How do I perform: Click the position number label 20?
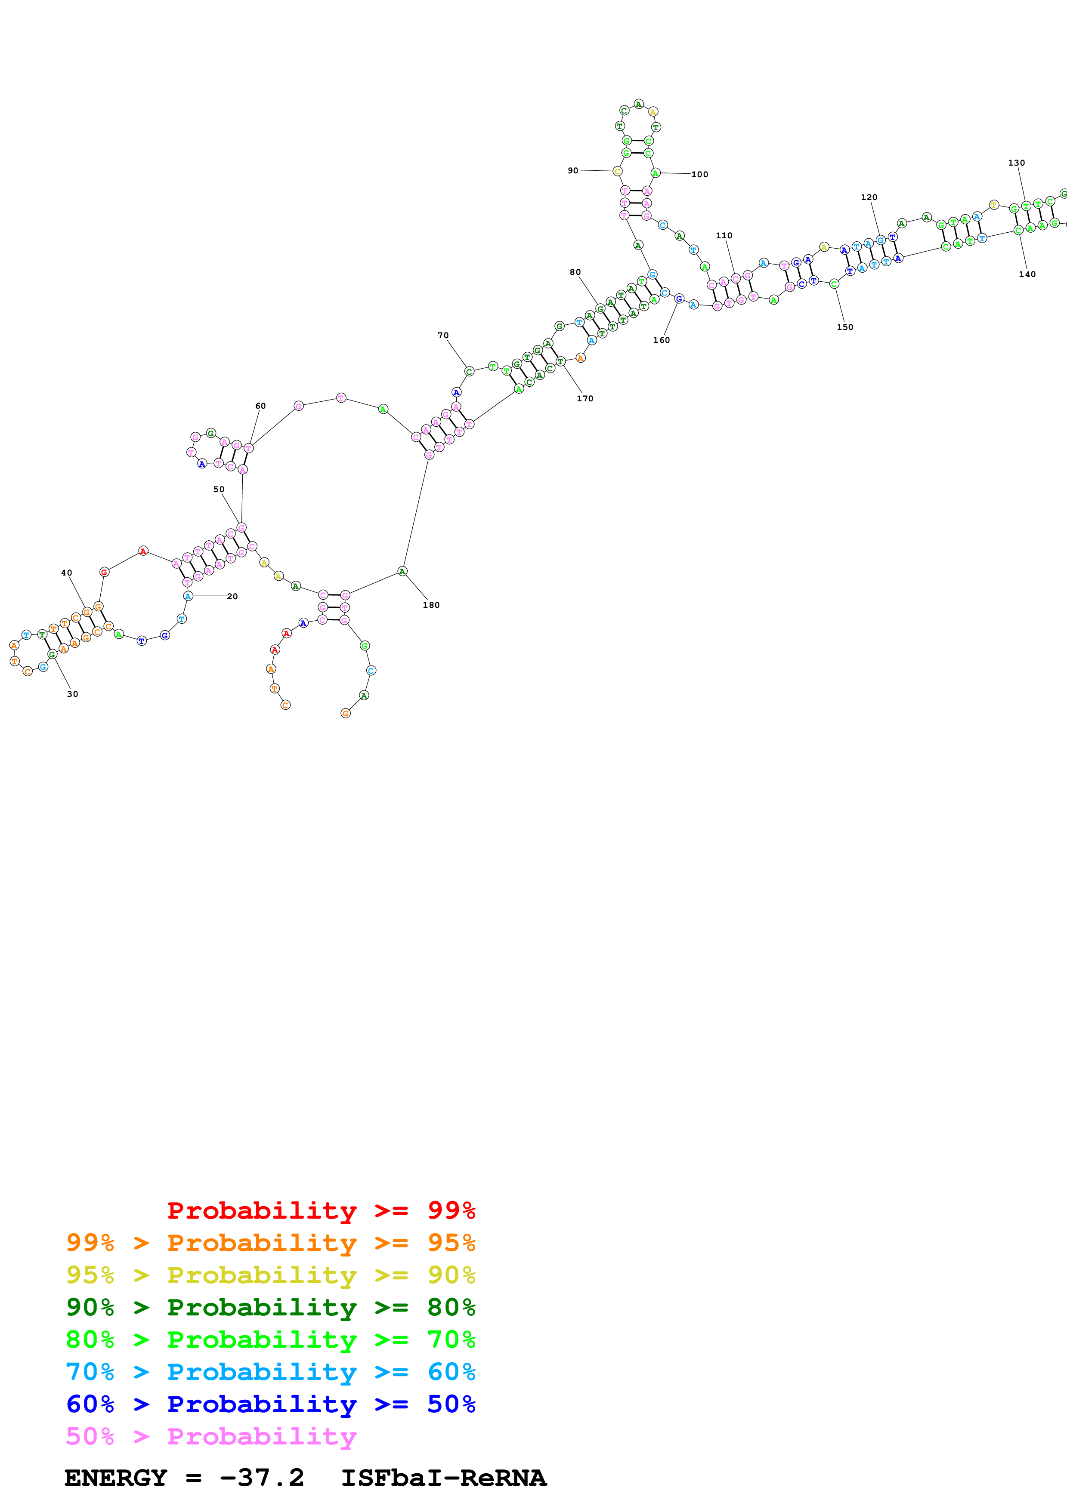click(x=232, y=596)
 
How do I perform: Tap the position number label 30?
click(x=72, y=694)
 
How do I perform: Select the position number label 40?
click(x=66, y=573)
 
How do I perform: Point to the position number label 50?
click(x=219, y=490)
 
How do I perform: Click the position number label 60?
click(x=260, y=406)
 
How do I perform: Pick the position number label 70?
click(x=443, y=335)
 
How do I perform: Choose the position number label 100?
click(x=699, y=175)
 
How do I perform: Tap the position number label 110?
click(x=724, y=235)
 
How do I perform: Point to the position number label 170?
click(x=585, y=398)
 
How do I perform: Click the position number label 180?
click(x=431, y=605)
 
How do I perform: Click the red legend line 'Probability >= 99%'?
click(x=321, y=1210)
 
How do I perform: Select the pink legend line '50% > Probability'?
click(x=211, y=1437)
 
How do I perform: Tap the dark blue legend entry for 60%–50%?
click(x=270, y=1404)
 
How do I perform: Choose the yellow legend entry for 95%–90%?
click(x=270, y=1275)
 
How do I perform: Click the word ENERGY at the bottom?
click(x=116, y=1478)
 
